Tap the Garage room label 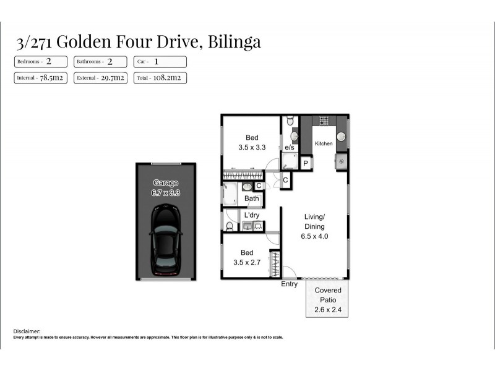tap(165, 183)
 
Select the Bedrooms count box tap(41, 62)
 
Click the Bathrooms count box tap(100, 62)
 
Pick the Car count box tap(160, 62)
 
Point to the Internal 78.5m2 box tap(41, 78)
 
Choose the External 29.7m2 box tap(100, 78)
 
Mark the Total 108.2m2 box tap(160, 78)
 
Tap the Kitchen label tap(324, 143)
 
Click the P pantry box tap(305, 163)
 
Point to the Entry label tap(289, 284)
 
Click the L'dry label tap(251, 215)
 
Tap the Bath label tap(251, 198)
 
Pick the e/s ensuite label tap(289, 148)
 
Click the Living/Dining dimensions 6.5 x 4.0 tap(314, 236)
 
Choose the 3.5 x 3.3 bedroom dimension tap(252, 148)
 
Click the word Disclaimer tap(27, 331)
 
